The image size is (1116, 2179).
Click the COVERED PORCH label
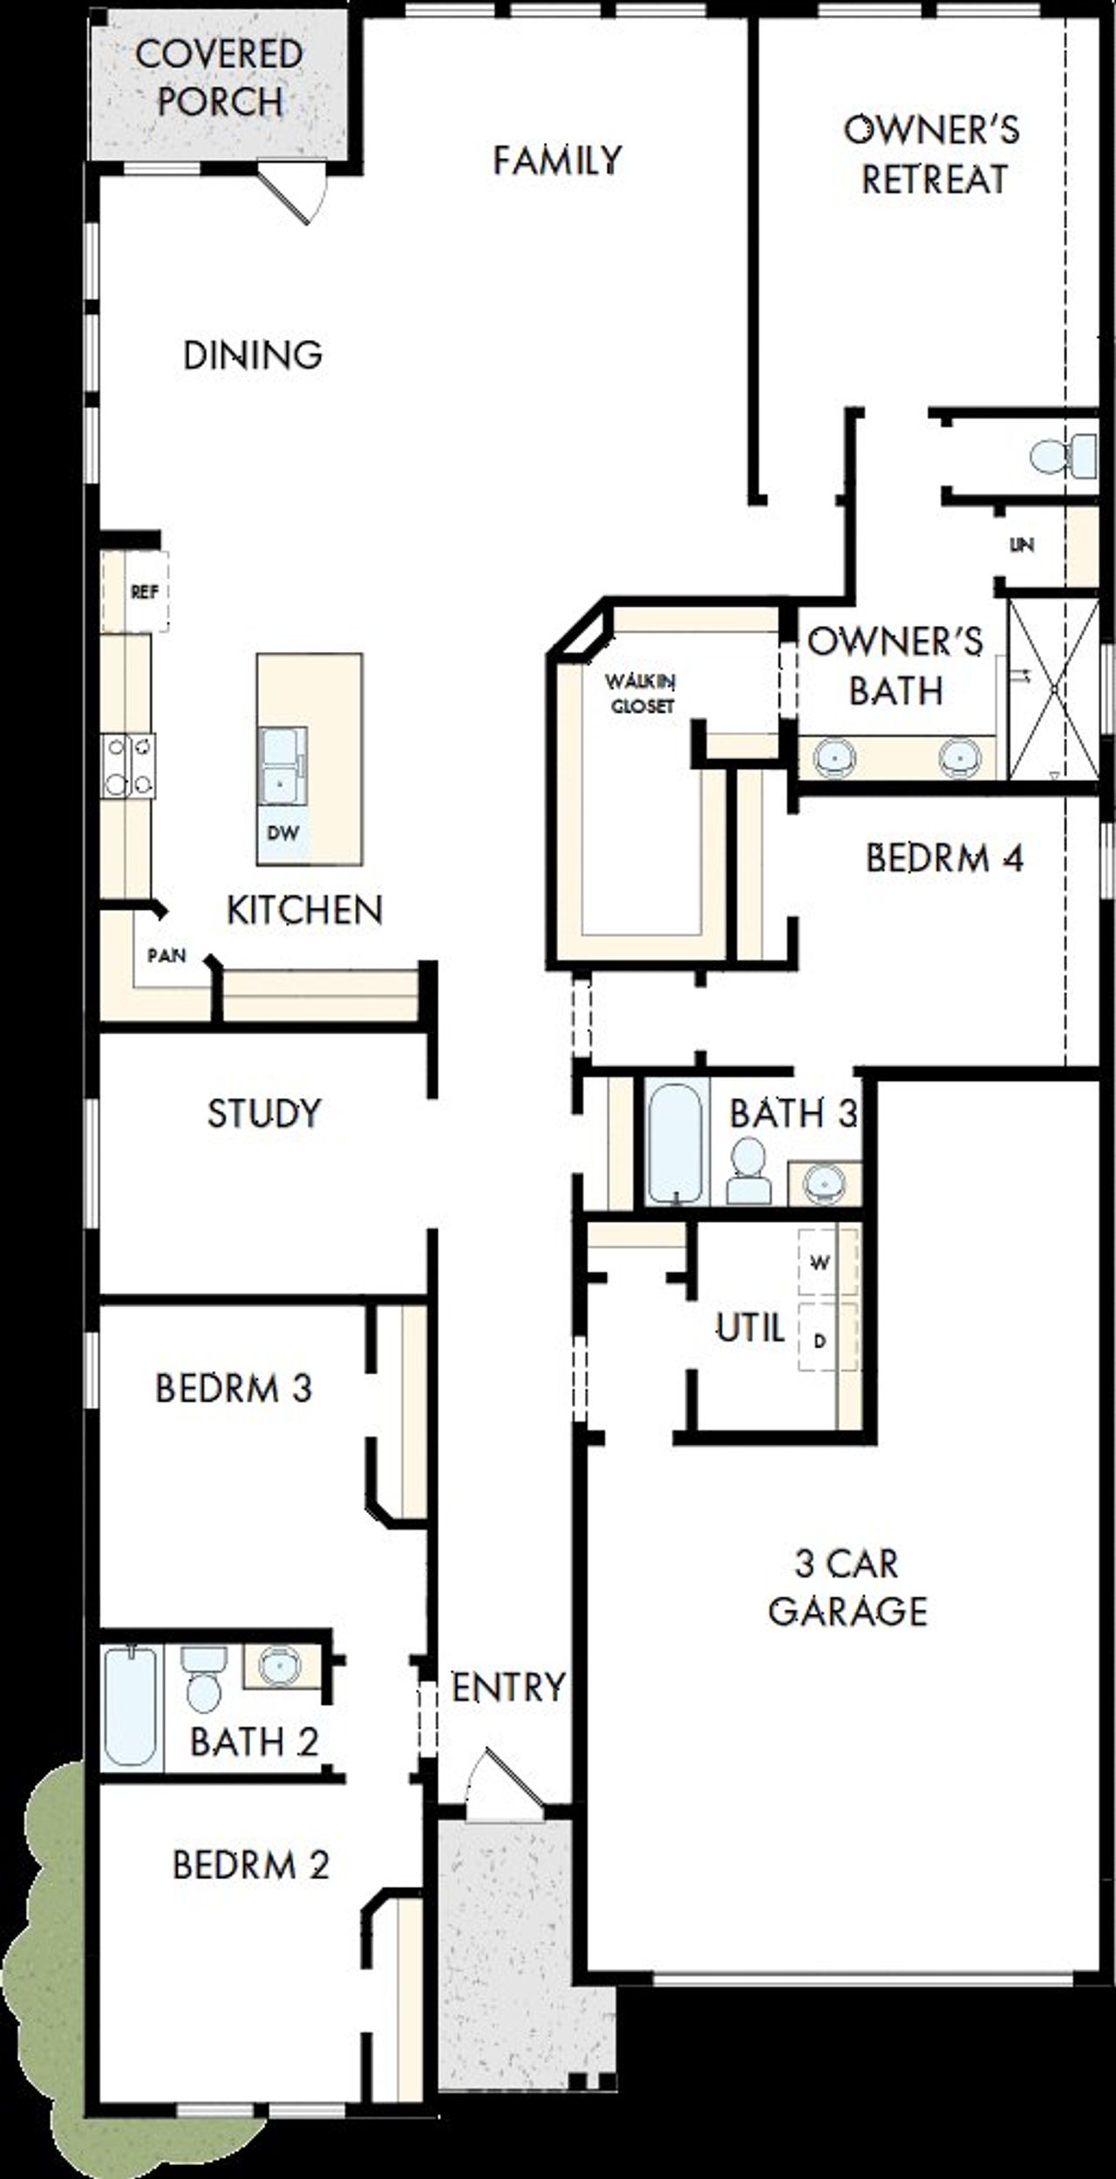pyautogui.click(x=219, y=78)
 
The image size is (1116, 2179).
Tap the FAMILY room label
pyautogui.click(x=557, y=160)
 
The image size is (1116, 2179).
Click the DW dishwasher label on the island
pyautogui.click(x=282, y=832)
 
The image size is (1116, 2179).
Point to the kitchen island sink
pyautogui.click(x=281, y=767)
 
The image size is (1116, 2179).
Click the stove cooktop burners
pyautogui.click(x=129, y=766)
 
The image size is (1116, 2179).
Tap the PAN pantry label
pyautogui.click(x=167, y=955)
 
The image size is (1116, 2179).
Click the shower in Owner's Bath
pyautogui.click(x=1053, y=689)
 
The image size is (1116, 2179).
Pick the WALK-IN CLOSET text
pyautogui.click(x=642, y=693)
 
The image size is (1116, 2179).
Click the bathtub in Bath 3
pyautogui.click(x=675, y=1143)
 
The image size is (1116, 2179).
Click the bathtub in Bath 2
pyautogui.click(x=131, y=1708)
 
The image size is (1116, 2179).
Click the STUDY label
pyautogui.click(x=263, y=1113)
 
